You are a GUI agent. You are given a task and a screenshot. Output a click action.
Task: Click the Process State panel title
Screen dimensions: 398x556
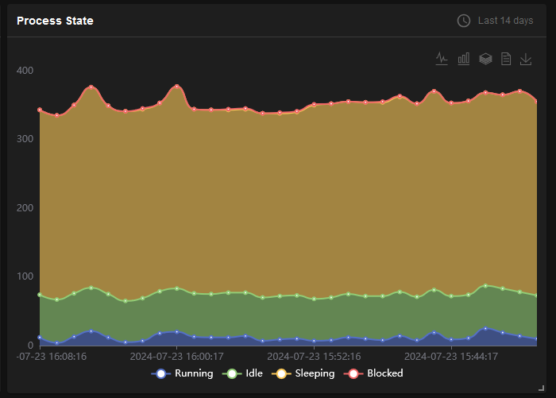pos(55,21)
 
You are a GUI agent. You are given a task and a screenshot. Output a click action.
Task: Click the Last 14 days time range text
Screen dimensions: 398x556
pos(505,21)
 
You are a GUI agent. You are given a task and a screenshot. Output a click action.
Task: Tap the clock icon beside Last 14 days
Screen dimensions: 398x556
pos(464,21)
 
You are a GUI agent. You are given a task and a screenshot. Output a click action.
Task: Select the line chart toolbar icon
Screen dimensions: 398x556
pos(442,59)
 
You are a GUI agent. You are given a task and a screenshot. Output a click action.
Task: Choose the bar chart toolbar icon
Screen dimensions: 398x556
pos(464,59)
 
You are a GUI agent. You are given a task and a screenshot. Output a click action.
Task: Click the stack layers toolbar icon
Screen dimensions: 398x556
pos(485,59)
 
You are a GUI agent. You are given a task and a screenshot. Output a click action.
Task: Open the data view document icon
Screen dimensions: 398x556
pos(506,59)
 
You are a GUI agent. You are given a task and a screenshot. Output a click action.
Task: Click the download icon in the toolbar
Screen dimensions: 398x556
pos(526,59)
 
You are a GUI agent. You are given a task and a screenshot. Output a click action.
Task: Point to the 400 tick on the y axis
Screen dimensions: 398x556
pos(25,71)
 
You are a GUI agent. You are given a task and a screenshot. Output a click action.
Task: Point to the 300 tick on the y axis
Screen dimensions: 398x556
pos(25,139)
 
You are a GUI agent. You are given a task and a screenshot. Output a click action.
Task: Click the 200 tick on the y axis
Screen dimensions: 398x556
pos(25,208)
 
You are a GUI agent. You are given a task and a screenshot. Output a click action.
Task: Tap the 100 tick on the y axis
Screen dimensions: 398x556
pos(25,276)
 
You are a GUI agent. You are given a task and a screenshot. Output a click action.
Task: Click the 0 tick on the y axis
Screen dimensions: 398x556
pos(29,346)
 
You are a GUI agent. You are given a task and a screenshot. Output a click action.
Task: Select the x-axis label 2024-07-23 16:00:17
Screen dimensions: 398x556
pos(176,357)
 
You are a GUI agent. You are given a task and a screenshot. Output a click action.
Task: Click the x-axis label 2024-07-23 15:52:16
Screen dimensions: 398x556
pos(315,357)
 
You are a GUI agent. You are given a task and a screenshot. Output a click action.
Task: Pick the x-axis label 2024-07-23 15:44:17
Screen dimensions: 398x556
pos(452,357)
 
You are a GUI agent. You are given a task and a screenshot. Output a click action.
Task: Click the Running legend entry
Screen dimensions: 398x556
pos(184,373)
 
